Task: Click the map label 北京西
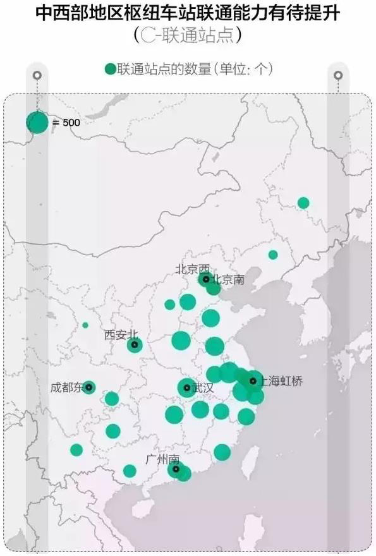click(191, 269)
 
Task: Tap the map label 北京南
click(227, 279)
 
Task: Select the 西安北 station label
click(120, 335)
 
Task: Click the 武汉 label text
click(203, 387)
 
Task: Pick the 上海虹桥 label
click(281, 381)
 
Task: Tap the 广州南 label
click(162, 458)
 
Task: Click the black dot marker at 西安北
click(134, 344)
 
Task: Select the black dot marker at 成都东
click(88, 387)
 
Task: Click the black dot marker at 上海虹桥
click(253, 381)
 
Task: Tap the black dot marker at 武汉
click(186, 387)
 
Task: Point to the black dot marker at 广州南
click(176, 469)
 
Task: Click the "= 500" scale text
click(66, 123)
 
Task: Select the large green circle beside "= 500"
click(37, 122)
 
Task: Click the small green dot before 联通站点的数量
click(110, 69)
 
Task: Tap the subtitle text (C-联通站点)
click(188, 35)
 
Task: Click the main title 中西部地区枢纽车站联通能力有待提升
click(188, 13)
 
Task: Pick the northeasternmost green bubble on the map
click(303, 203)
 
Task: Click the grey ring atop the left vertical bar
click(37, 75)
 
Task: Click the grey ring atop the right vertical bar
click(338, 75)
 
